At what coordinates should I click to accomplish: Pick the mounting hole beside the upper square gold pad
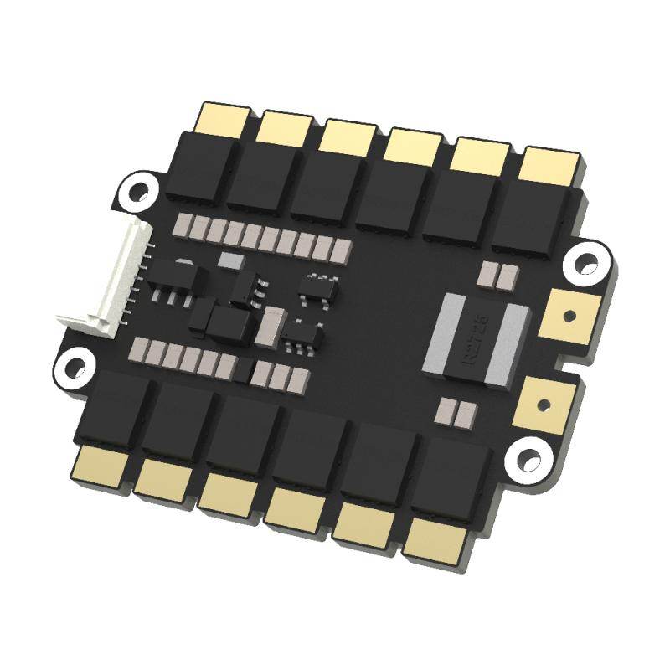point(587,262)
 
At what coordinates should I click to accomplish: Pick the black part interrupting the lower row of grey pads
point(243,369)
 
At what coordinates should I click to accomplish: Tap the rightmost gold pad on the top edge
point(550,165)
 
